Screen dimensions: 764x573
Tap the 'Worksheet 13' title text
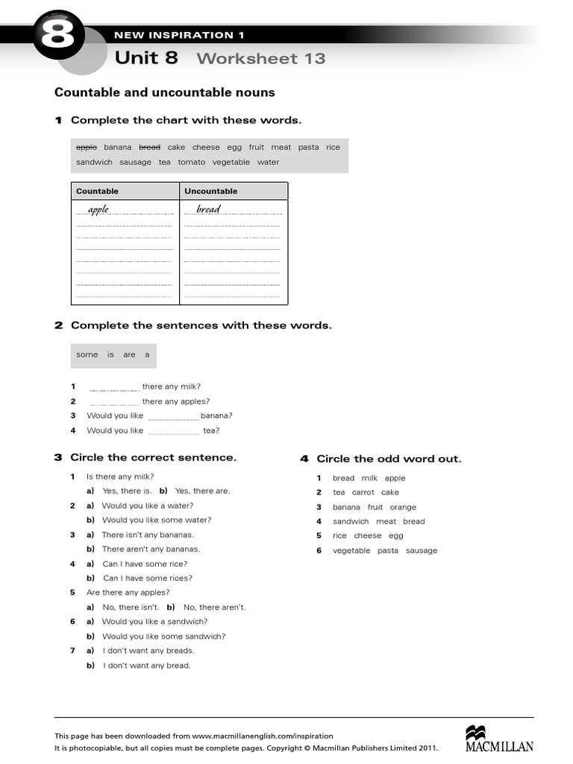click(261, 58)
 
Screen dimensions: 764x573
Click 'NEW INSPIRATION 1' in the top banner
click(178, 35)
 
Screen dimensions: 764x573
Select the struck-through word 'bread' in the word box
click(150, 148)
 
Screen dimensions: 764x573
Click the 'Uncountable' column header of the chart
click(211, 191)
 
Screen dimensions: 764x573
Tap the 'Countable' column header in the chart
click(97, 191)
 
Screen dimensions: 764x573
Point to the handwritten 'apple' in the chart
click(98, 210)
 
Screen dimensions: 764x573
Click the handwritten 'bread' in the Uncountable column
click(208, 210)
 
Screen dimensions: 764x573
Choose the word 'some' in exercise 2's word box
click(87, 355)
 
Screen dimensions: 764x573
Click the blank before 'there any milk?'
click(114, 388)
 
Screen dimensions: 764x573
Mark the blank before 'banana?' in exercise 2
click(173, 416)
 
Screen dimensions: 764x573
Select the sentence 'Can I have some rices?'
click(147, 578)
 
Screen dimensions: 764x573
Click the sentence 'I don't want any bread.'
click(146, 666)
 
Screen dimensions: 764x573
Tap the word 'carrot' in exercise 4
click(363, 492)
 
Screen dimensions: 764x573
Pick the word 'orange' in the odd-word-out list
click(403, 507)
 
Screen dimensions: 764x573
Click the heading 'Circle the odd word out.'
click(389, 459)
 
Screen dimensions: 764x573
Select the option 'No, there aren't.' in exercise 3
click(214, 607)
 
